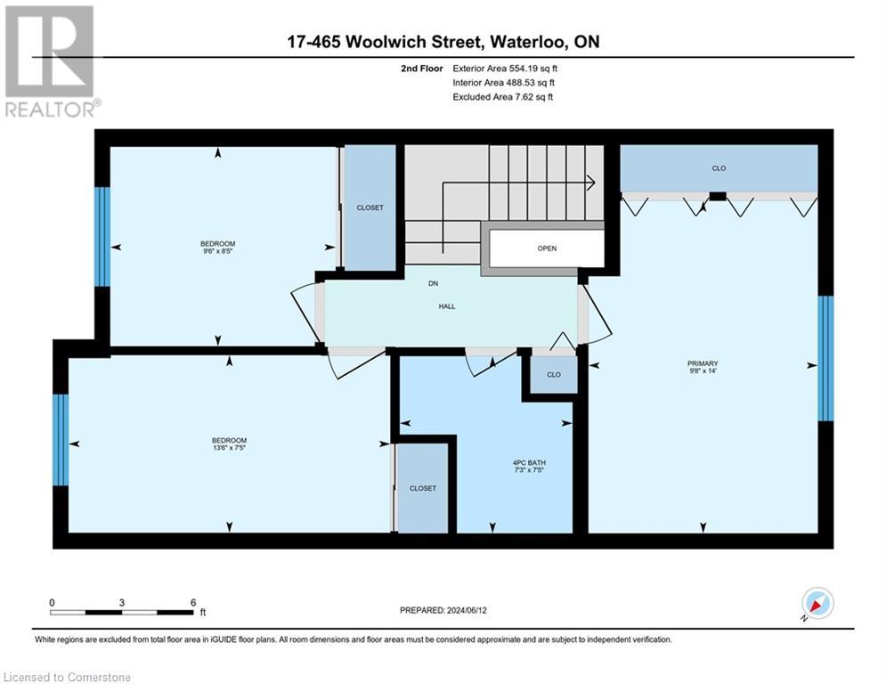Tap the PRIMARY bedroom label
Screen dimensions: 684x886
(702, 363)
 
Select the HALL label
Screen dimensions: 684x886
(447, 305)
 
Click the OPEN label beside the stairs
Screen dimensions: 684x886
(547, 248)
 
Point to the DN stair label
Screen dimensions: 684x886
(434, 282)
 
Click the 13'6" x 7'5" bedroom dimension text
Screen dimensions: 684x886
(229, 449)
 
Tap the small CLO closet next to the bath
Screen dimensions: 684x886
(554, 374)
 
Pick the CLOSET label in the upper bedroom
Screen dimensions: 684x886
(370, 208)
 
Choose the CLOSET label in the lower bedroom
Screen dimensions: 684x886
(423, 488)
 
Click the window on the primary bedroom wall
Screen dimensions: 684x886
(825, 358)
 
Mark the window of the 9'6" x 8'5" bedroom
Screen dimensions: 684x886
(102, 236)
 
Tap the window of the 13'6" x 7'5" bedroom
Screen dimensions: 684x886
(61, 440)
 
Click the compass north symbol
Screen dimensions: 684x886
(817, 604)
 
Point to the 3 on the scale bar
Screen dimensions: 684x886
(121, 602)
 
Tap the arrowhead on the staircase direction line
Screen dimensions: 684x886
(590, 183)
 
